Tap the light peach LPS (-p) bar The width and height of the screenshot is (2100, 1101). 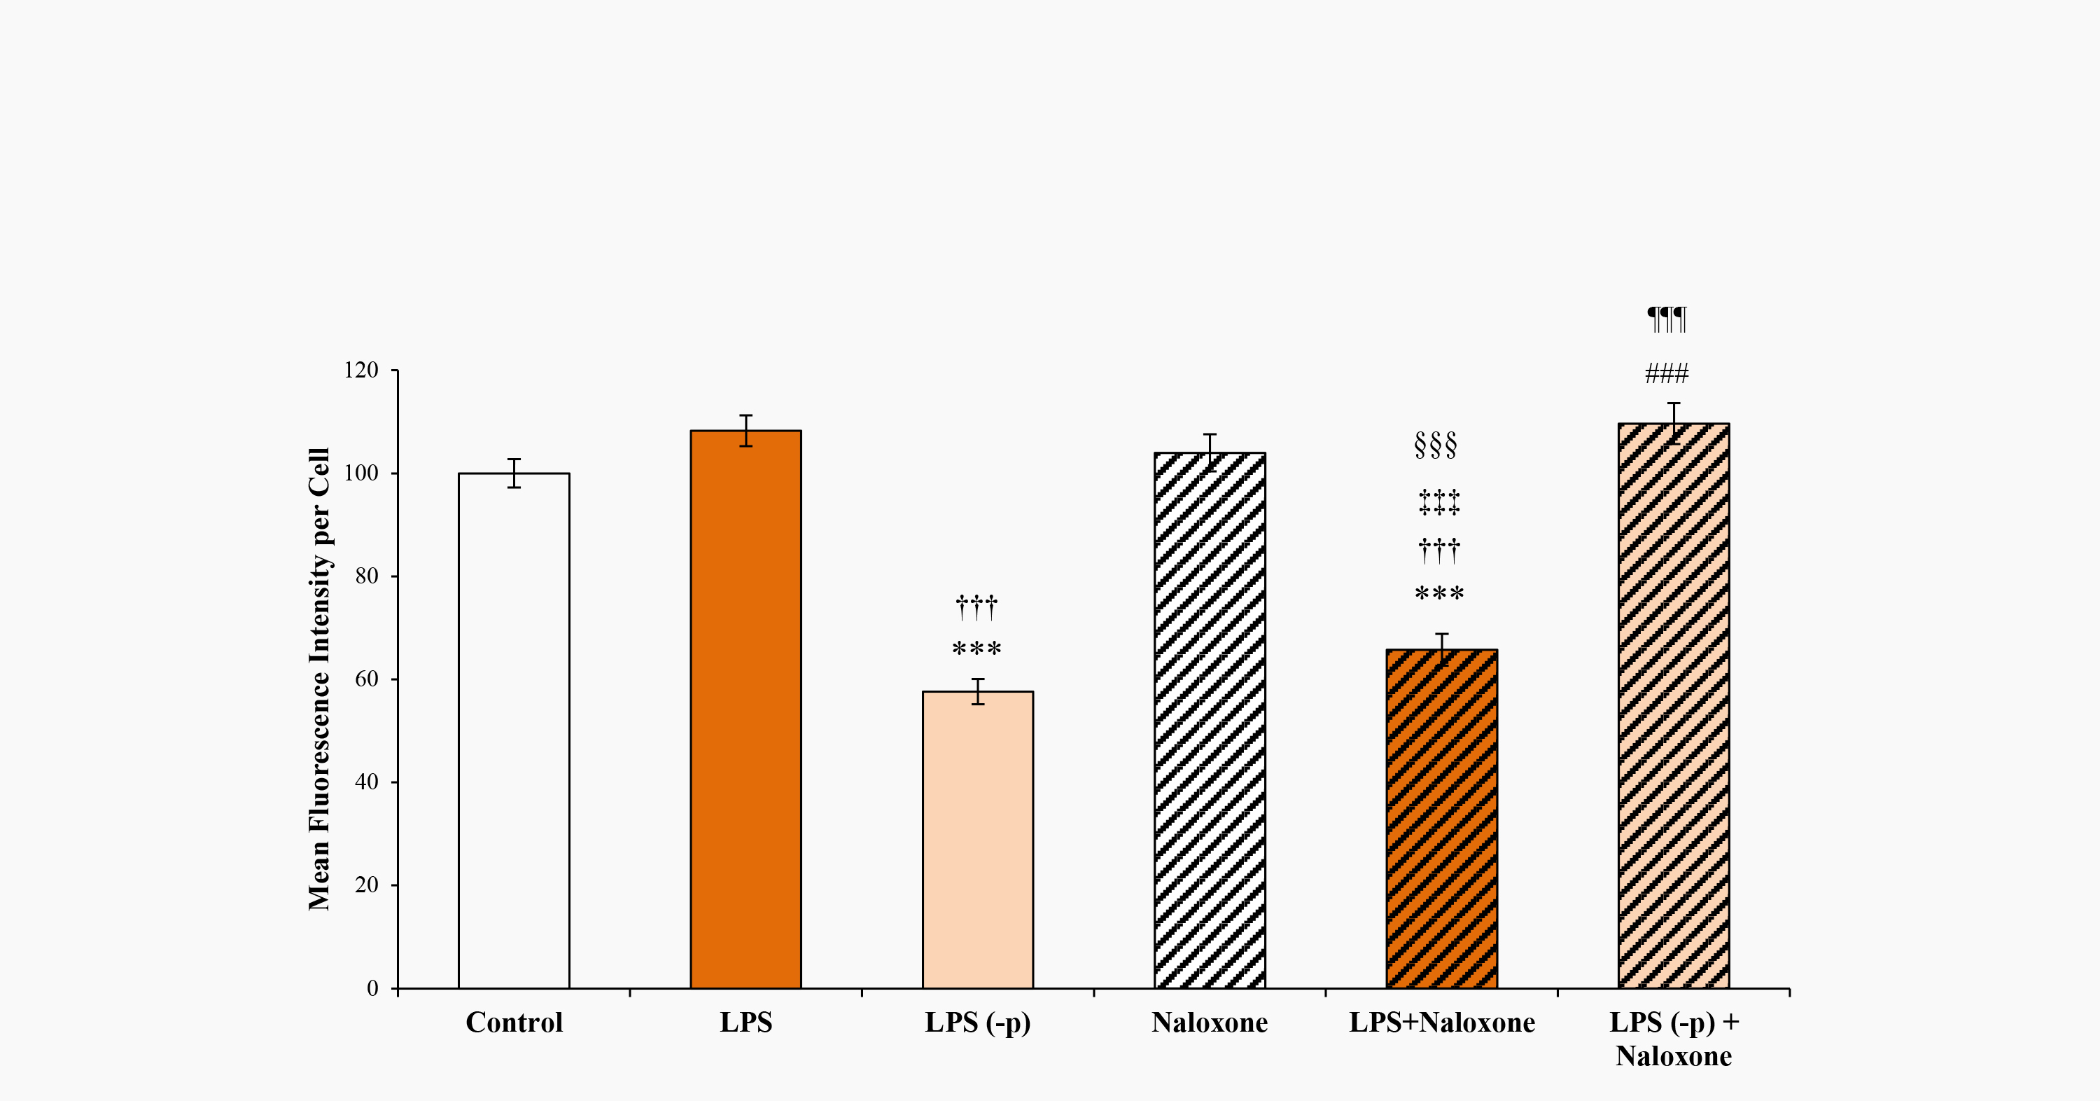[x=977, y=839]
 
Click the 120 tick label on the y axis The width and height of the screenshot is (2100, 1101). [x=361, y=371]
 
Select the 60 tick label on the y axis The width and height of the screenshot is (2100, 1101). [x=367, y=679]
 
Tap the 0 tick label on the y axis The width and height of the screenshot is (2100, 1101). [x=372, y=988]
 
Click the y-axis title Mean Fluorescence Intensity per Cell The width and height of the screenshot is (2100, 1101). [x=318, y=679]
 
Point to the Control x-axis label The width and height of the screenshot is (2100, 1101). [x=514, y=1023]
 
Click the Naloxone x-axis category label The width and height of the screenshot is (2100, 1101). [x=1210, y=1023]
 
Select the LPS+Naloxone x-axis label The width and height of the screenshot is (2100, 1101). [x=1441, y=1023]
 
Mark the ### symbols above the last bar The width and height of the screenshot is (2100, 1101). [x=1666, y=374]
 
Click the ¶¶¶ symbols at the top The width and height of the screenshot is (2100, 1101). [x=1666, y=318]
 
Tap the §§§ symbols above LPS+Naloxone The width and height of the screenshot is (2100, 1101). [x=1436, y=445]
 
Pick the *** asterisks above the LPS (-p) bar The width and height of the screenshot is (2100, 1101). [x=976, y=650]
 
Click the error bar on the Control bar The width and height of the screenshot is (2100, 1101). [x=514, y=473]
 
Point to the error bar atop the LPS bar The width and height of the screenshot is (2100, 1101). [x=745, y=431]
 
